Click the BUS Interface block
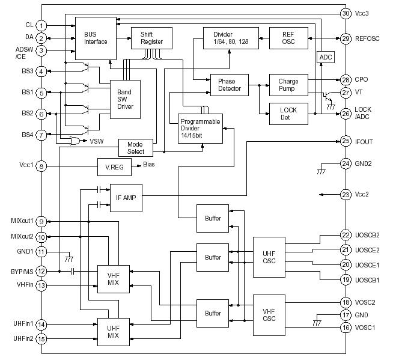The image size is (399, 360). click(x=95, y=38)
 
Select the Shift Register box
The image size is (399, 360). click(x=151, y=38)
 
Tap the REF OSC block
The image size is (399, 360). click(x=288, y=38)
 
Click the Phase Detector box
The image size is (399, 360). click(x=230, y=85)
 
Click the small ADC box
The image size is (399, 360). click(x=325, y=57)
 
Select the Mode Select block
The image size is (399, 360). click(x=136, y=148)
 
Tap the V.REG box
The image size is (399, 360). click(x=114, y=167)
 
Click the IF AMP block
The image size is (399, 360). click(x=126, y=198)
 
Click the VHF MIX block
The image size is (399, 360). click(x=114, y=278)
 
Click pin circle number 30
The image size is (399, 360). click(x=346, y=13)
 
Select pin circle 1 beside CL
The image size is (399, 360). click(x=41, y=25)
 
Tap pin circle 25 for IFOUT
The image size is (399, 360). click(x=346, y=141)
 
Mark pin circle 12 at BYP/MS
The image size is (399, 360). click(x=41, y=272)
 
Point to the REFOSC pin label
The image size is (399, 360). click(x=368, y=38)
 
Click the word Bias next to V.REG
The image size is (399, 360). click(x=150, y=164)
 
